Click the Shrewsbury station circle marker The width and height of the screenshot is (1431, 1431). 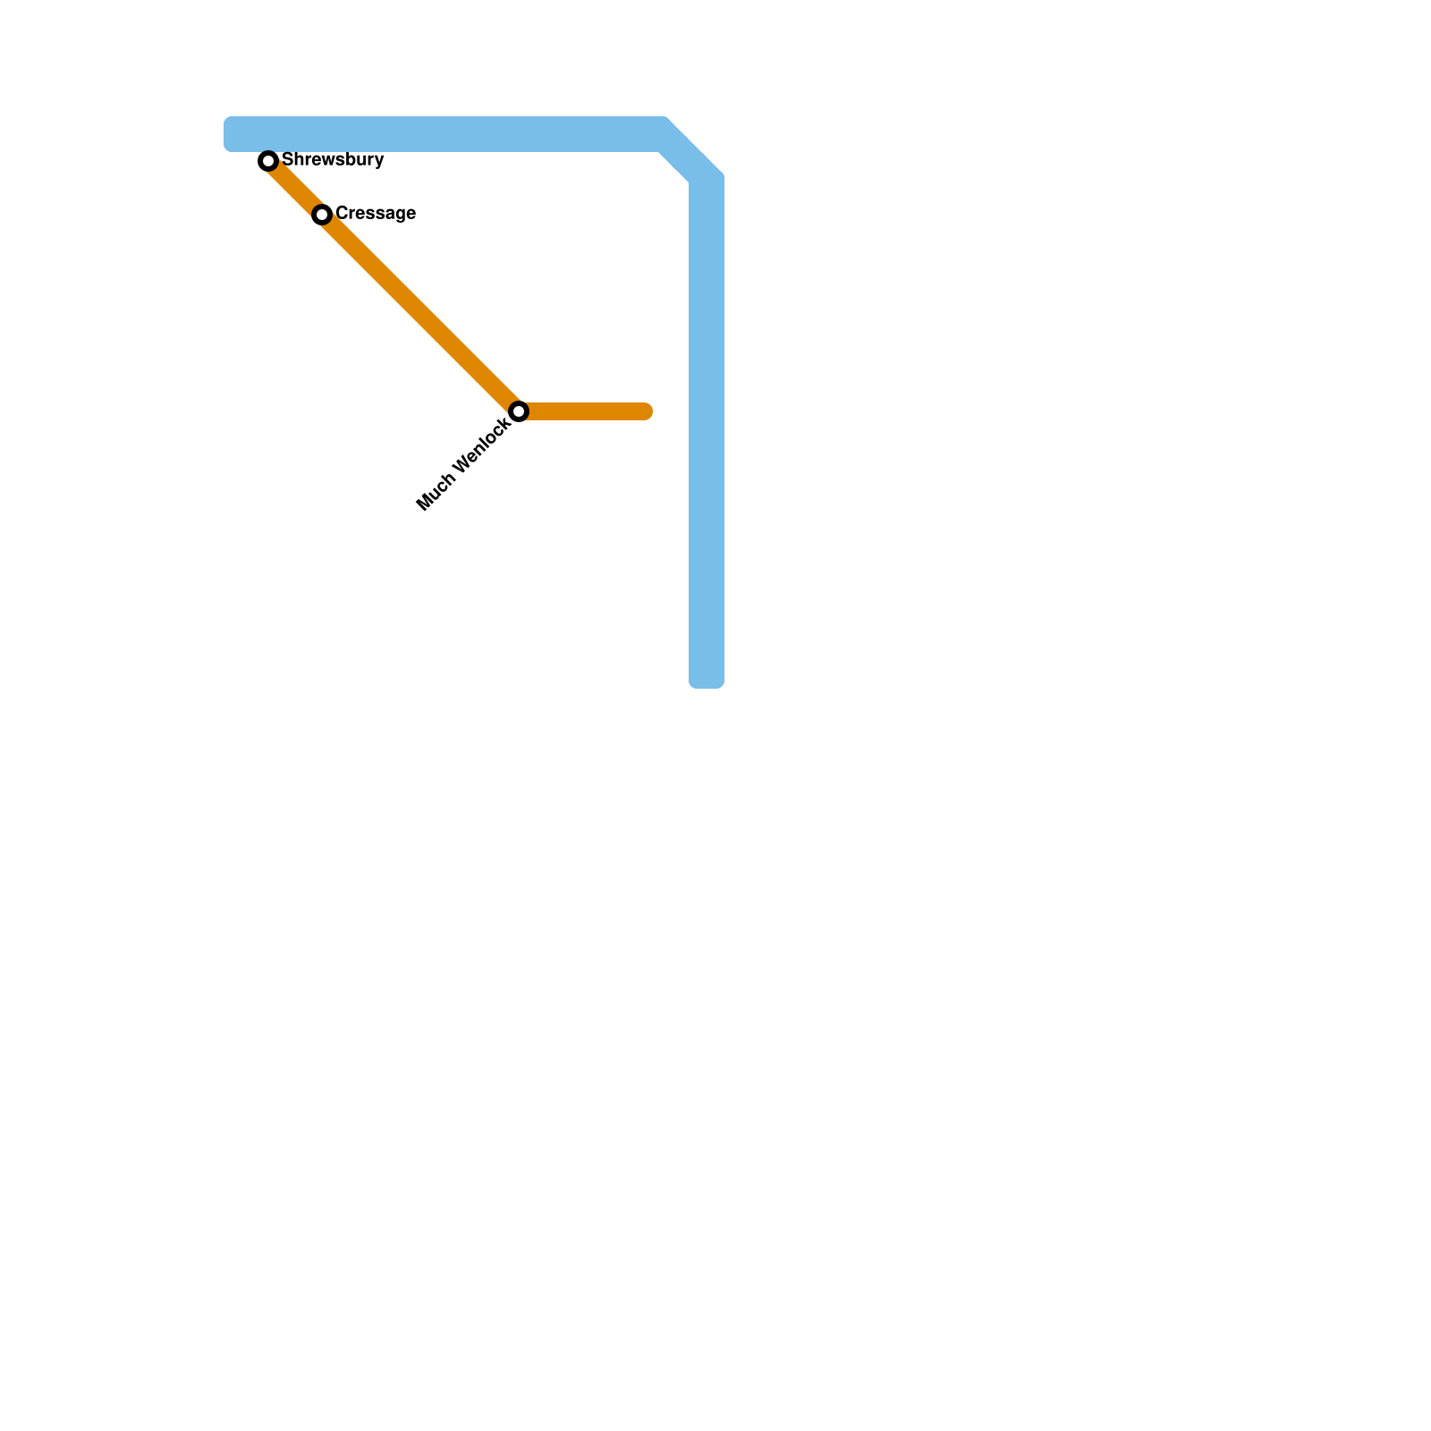coord(268,161)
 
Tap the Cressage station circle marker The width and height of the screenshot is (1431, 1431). coord(322,215)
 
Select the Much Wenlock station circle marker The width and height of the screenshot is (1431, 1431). coord(519,411)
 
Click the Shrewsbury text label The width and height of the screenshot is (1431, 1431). coord(333,160)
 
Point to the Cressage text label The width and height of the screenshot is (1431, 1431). coord(376,214)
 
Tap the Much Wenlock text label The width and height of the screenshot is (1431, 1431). coord(464,464)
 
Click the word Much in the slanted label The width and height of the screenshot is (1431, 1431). coord(435,493)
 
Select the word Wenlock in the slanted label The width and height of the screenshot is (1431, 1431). coord(481,447)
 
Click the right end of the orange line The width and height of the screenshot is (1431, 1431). coord(648,411)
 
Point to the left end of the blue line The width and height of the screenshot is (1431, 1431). coord(229,134)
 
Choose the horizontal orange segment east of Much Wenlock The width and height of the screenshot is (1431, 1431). coord(586,411)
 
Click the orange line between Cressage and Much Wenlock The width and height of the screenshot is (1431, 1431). coord(420,313)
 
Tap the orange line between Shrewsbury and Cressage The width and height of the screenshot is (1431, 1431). coord(295,188)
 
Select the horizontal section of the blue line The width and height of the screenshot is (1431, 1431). coord(447,134)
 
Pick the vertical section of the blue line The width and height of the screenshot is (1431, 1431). coord(707,429)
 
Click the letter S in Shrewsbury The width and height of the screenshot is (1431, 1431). coord(287,160)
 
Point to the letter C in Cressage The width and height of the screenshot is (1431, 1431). coord(342,214)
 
